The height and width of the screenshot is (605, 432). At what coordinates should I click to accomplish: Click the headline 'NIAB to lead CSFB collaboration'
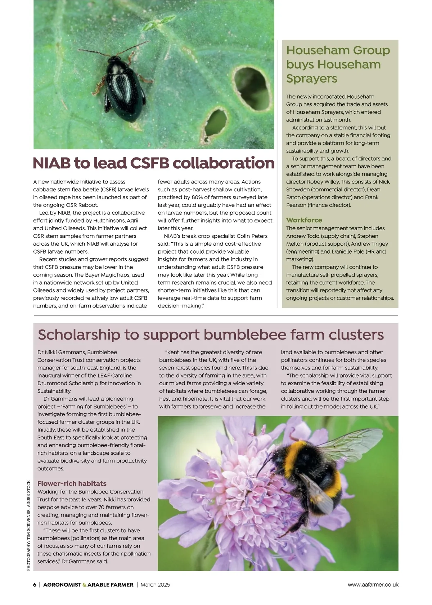pos(153,163)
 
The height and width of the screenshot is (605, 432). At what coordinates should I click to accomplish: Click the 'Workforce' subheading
pos(304,220)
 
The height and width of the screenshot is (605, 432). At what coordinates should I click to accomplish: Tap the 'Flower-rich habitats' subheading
pos(72,483)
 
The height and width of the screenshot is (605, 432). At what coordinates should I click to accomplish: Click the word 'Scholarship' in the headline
pos(78,335)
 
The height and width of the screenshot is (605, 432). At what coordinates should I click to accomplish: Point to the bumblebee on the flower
pos(306,471)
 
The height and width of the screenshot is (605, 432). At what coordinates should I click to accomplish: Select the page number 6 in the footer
pos(35,584)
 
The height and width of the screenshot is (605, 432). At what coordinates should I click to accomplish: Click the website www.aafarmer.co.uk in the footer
pos(373,584)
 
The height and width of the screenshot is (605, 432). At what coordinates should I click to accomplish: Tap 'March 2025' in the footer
pos(155,584)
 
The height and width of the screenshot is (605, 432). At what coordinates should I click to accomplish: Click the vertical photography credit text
pos(29,525)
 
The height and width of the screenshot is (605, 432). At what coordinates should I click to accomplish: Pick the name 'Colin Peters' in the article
pos(252,236)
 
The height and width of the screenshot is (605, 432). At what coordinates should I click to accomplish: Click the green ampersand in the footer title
pos(85,585)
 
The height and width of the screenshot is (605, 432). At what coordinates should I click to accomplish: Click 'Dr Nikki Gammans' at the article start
pos(61,352)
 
